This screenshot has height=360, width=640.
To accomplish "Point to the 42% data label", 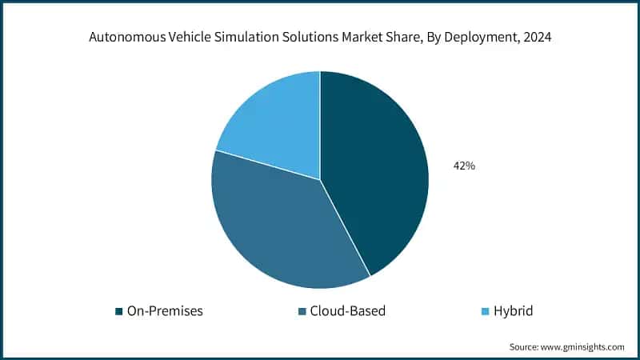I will click(x=464, y=166).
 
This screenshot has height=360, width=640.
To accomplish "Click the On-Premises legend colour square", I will click(x=119, y=310).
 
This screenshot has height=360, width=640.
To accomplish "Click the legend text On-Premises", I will click(x=165, y=310).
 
